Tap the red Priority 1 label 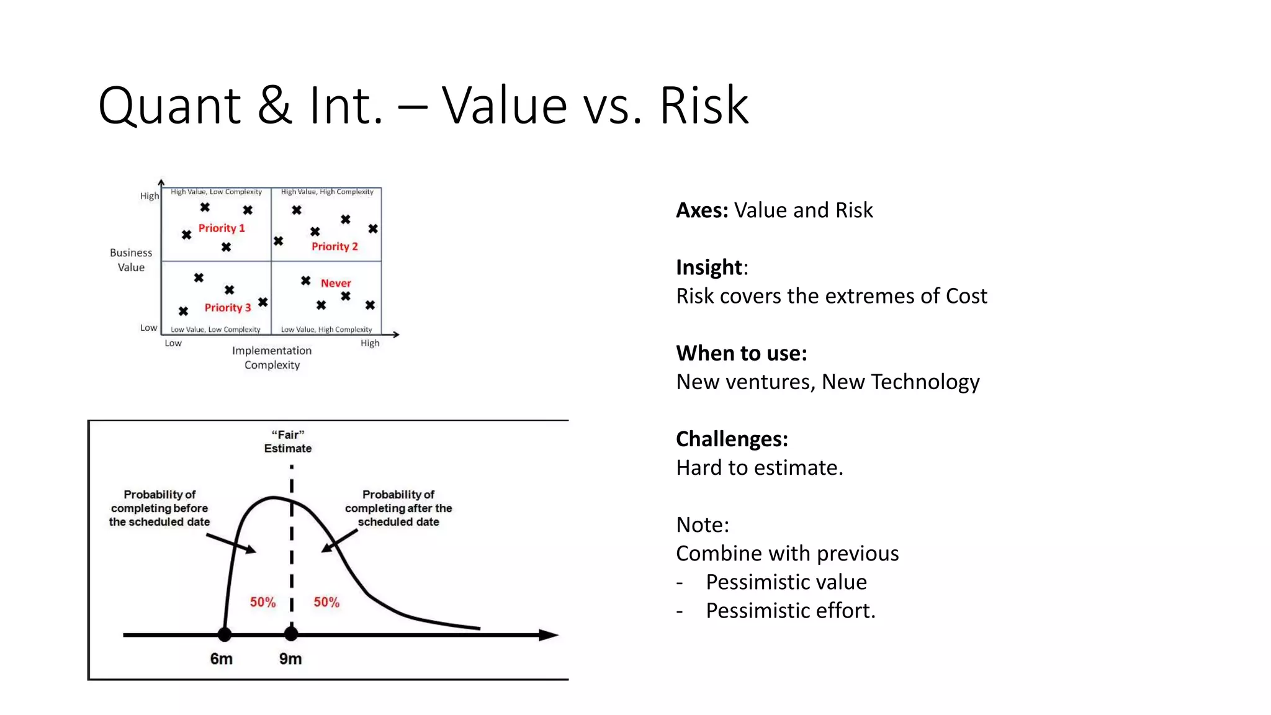[x=222, y=228]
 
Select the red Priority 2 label [x=335, y=247]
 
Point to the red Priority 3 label [x=228, y=308]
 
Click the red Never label [x=336, y=284]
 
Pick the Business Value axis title [x=131, y=260]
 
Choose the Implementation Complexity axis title [x=272, y=357]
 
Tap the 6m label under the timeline [x=221, y=659]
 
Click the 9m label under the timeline [x=290, y=659]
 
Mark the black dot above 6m [x=225, y=634]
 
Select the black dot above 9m [x=291, y=634]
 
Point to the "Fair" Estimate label [x=288, y=441]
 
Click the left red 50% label [x=263, y=602]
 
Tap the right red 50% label [x=326, y=602]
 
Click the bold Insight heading [x=709, y=268]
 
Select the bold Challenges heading [x=732, y=439]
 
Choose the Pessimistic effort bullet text [x=790, y=611]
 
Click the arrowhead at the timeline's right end [x=549, y=635]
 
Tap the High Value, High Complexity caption [x=327, y=192]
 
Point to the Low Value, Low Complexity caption [x=215, y=330]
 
